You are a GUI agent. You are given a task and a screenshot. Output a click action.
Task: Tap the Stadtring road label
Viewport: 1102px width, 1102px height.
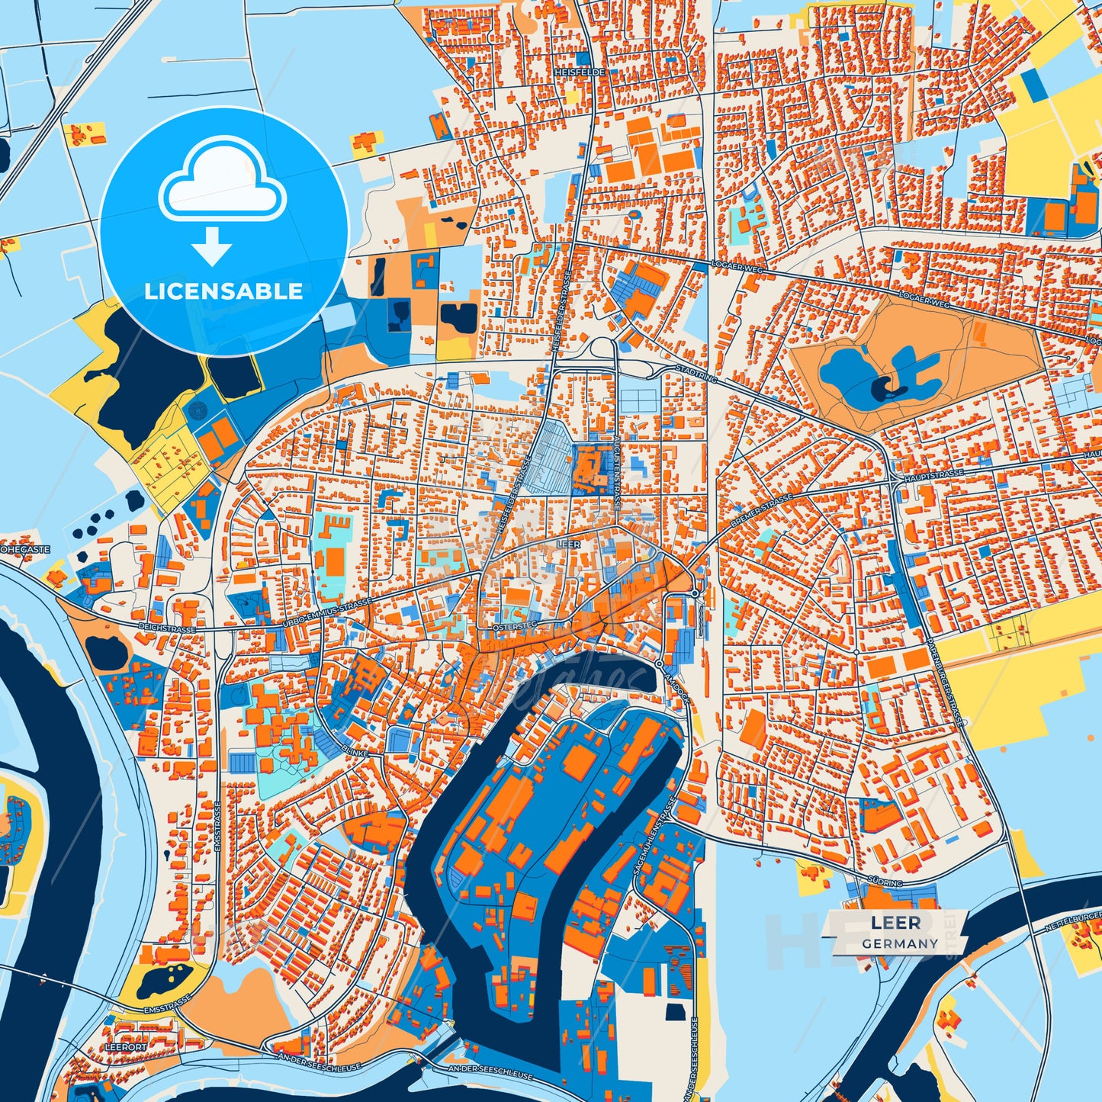[696, 373]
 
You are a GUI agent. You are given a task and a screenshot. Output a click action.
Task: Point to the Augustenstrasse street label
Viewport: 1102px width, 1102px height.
[615, 475]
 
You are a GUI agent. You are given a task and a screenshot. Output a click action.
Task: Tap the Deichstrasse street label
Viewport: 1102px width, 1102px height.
[167, 627]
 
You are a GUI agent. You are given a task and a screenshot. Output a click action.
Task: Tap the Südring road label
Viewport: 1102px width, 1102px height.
[885, 882]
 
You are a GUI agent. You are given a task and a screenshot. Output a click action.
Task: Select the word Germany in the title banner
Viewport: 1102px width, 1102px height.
[900, 943]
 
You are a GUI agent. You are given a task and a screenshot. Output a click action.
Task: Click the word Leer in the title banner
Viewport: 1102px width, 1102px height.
[896, 923]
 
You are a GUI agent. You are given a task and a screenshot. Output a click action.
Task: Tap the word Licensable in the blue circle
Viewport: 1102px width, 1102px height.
[223, 291]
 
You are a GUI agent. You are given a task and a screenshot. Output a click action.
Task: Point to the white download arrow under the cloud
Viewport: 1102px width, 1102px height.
[212, 246]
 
